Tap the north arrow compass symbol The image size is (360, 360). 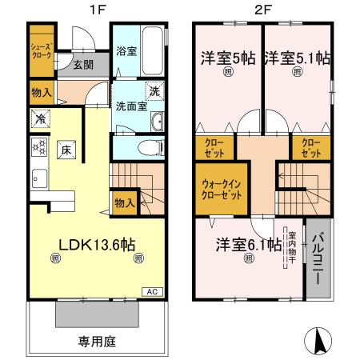(319, 342)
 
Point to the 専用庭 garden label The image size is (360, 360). (97, 342)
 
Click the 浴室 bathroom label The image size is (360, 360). (126, 51)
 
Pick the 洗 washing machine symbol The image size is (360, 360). (155, 90)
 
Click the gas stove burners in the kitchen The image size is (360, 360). (38, 146)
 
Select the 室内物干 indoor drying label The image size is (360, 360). (294, 251)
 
